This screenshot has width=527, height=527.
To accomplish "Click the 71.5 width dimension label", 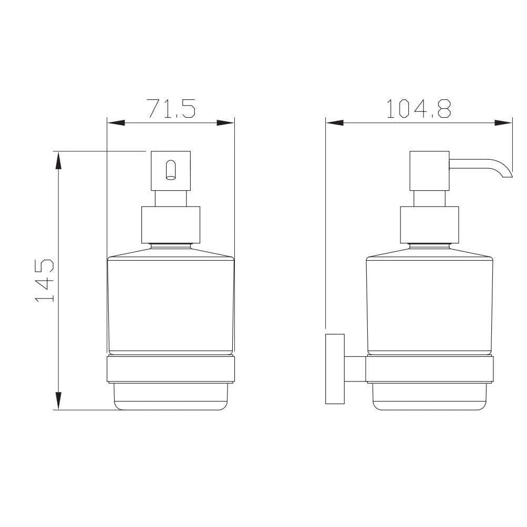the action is point(171,108).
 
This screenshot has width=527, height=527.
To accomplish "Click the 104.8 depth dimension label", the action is point(418,108).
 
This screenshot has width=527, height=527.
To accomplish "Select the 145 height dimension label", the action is point(44,280).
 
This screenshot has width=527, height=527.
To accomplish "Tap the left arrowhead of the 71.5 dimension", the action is point(116,122).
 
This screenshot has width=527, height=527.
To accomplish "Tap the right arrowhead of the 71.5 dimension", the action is point(225,122).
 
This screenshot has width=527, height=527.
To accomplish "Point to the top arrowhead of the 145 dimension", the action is point(58,160).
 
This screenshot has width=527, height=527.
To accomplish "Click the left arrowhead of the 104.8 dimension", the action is point(334,123).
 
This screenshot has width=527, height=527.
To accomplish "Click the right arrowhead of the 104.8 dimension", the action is point(503,123).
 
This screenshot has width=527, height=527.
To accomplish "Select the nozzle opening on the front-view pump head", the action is point(171,170).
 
